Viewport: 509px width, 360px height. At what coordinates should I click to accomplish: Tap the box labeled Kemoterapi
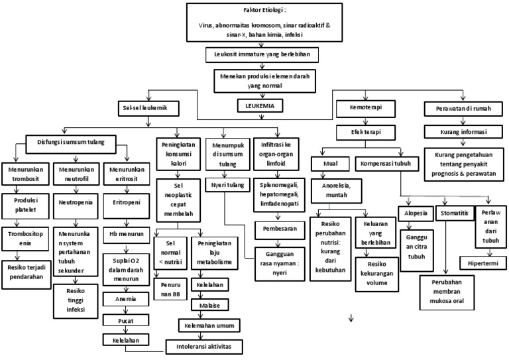[368, 107]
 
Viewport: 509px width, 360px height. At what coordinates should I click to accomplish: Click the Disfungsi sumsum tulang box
[71, 141]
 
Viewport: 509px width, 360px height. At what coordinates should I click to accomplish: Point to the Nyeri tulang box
[226, 185]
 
